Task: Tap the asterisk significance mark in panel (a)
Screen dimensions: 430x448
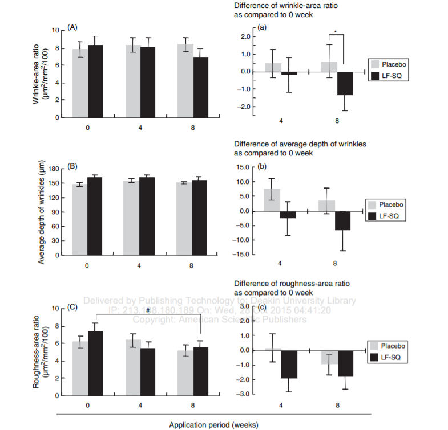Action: [336, 31]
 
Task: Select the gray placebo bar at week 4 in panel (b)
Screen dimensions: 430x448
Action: [272, 200]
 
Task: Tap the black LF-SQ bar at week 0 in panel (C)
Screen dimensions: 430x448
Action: [95, 363]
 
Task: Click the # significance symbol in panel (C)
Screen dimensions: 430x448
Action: [147, 310]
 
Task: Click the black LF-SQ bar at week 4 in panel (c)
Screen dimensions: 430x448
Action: [288, 364]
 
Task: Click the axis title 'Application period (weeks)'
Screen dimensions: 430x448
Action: [214, 424]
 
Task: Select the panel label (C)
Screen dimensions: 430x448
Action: [72, 307]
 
